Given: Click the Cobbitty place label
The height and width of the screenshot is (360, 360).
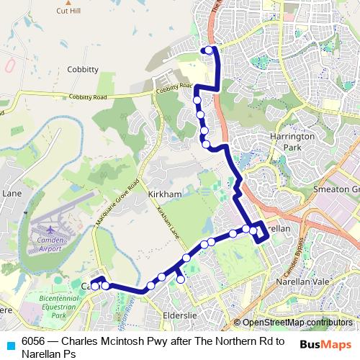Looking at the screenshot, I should (x=83, y=68).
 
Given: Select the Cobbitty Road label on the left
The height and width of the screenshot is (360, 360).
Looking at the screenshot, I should (x=87, y=97).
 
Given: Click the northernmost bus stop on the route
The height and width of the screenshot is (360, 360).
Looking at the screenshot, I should (x=209, y=50).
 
